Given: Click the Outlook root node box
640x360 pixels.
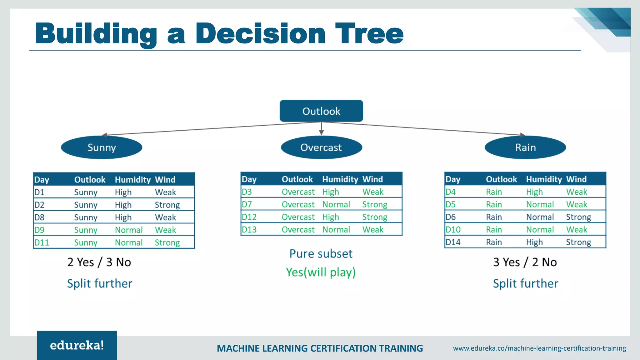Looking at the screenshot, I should [321, 111].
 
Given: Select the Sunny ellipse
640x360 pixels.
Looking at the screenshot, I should [102, 147].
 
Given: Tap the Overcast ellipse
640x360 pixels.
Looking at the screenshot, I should [321, 147].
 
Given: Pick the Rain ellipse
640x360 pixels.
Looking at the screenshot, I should [525, 147].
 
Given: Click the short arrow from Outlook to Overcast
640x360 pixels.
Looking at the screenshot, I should [321, 128].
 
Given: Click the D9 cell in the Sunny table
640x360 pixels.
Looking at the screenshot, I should [39, 230].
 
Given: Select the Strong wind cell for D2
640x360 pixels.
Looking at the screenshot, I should [167, 205].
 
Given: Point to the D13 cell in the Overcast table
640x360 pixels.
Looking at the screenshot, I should [249, 230].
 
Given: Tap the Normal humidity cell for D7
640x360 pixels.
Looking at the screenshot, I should [336, 204].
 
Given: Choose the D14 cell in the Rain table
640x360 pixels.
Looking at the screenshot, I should [453, 242].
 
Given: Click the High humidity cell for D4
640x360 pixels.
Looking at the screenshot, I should [534, 192].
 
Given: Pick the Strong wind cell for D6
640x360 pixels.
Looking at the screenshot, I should [578, 217].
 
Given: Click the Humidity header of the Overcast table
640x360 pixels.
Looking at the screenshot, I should [340, 179].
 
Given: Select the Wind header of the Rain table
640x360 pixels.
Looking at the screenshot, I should [576, 179].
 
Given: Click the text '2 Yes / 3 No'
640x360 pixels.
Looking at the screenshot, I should [99, 262].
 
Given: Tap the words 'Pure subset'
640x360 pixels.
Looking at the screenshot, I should [321, 253].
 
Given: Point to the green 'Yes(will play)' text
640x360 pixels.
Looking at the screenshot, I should [321, 272].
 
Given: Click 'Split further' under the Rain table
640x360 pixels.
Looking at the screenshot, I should [525, 283].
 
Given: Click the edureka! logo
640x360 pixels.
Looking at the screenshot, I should [77, 345].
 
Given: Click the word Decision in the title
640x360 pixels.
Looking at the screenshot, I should [260, 33].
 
